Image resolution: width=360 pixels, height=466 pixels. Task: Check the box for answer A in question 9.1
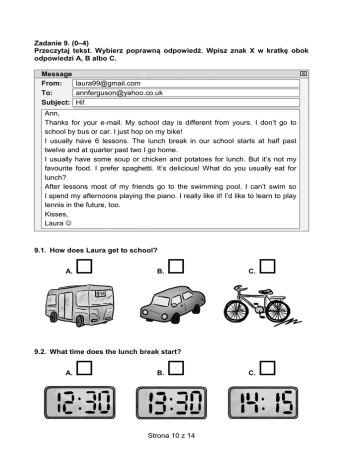click(84, 267)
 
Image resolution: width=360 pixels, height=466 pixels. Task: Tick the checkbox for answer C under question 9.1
click(267, 267)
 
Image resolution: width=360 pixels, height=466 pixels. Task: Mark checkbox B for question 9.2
click(176, 368)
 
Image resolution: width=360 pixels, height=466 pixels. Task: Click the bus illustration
click(80, 305)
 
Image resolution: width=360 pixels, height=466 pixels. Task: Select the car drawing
click(172, 304)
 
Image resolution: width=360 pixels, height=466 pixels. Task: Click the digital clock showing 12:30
click(80, 402)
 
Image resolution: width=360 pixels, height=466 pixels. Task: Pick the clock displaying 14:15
click(263, 402)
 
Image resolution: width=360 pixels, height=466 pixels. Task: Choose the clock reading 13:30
click(171, 402)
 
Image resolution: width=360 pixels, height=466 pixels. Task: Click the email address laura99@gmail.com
click(108, 83)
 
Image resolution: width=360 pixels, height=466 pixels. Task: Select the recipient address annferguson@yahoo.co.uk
click(119, 93)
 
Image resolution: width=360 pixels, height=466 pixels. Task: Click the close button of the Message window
click(303, 73)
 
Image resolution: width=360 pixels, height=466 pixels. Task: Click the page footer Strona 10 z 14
click(171, 435)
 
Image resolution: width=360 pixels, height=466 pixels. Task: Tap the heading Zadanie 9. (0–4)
click(61, 43)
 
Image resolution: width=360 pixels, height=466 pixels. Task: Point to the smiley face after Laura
click(68, 223)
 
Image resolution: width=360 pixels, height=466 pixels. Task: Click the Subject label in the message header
click(56, 102)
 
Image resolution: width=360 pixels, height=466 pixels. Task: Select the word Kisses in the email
click(56, 214)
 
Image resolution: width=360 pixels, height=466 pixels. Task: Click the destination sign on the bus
click(100, 294)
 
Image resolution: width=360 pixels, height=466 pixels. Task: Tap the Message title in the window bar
click(57, 74)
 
